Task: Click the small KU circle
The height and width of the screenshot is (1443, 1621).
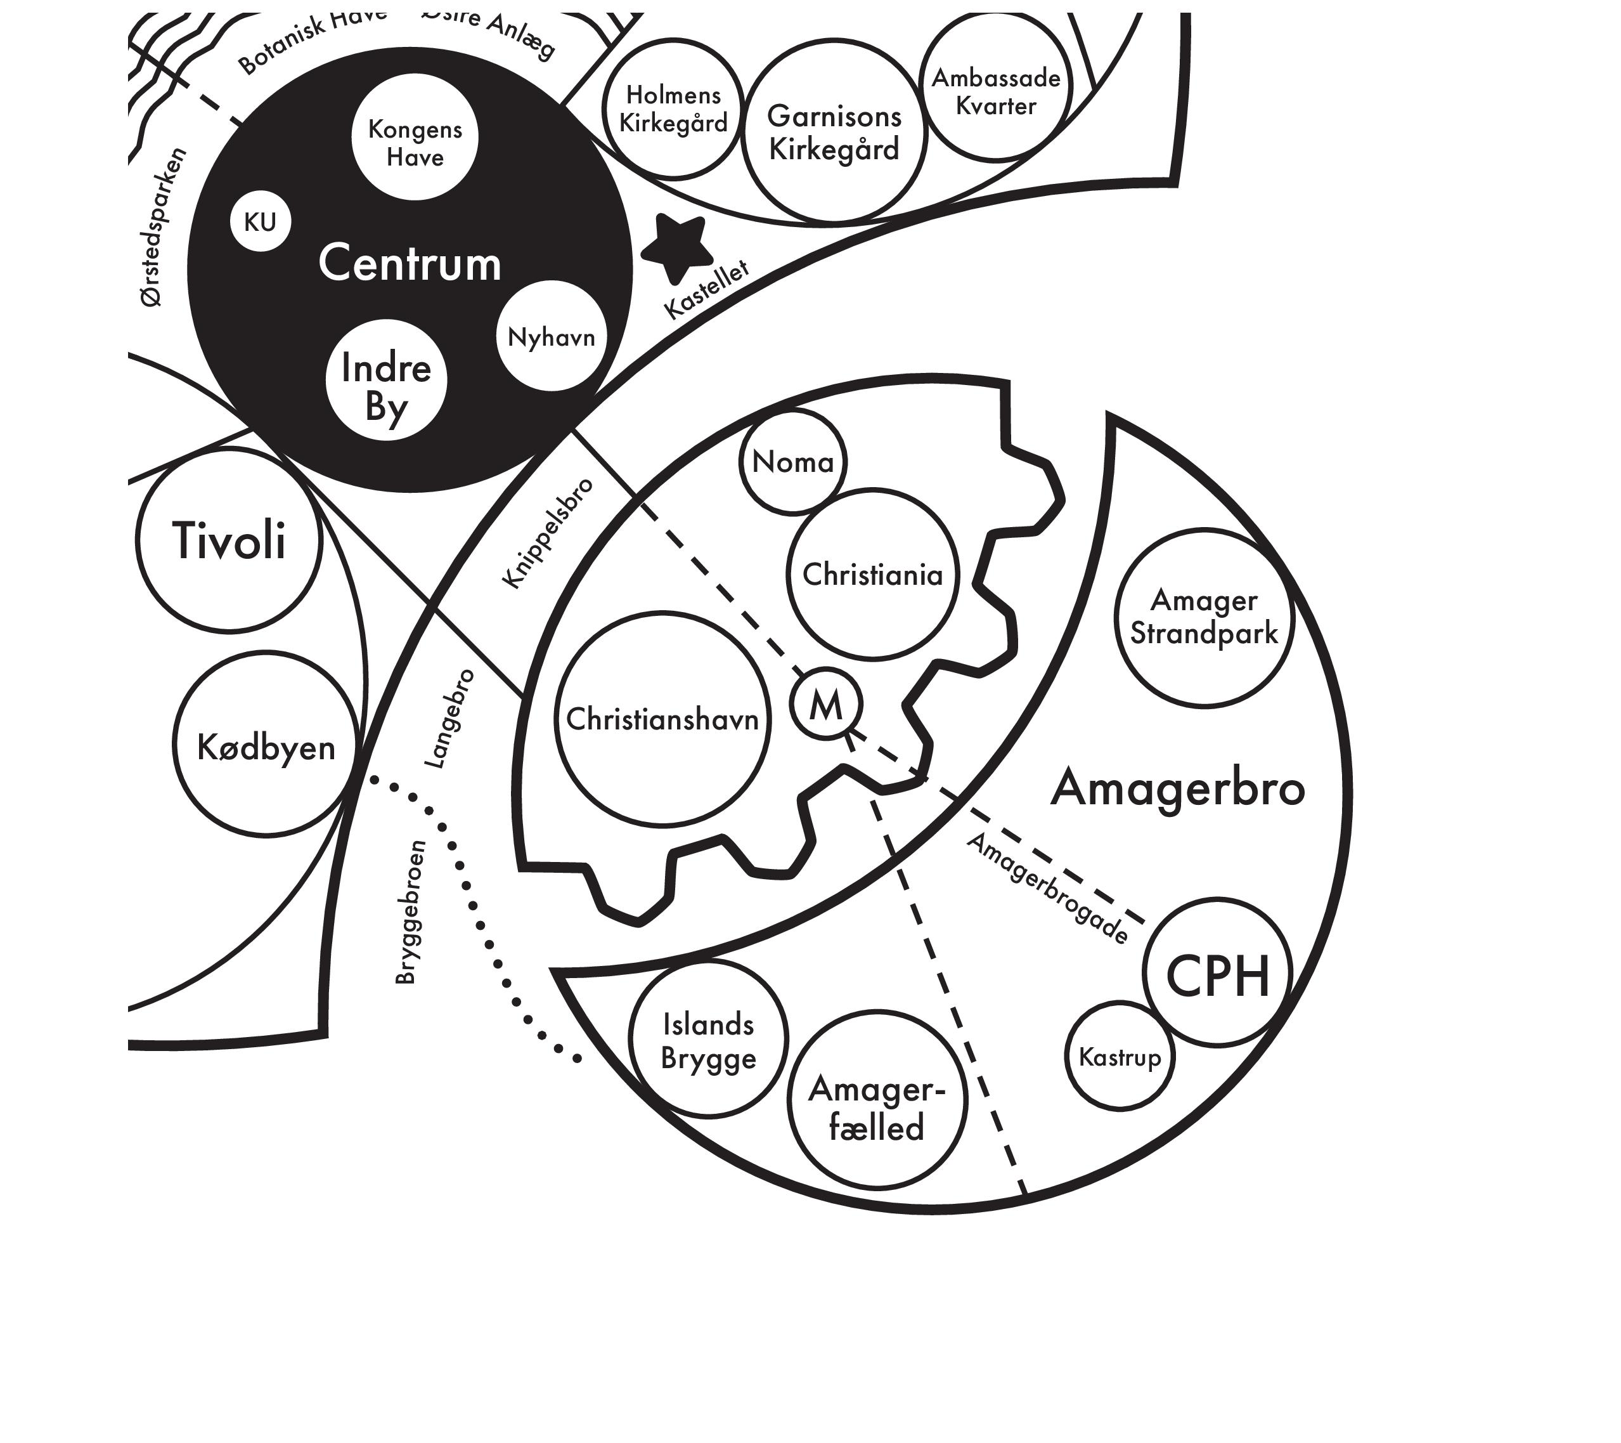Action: click(260, 222)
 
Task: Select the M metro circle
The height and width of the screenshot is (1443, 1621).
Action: click(825, 703)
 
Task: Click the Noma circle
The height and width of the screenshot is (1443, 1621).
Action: click(793, 462)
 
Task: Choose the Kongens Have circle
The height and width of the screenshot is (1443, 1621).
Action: click(415, 137)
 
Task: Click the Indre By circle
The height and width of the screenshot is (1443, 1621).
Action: click(386, 380)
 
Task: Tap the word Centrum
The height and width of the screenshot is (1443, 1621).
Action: click(410, 263)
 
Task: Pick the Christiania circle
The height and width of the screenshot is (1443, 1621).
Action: click(872, 574)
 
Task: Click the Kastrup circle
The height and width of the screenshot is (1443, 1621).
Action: click(1120, 1056)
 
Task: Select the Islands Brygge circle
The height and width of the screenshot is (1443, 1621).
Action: click(708, 1039)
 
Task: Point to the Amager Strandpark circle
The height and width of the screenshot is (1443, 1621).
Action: click(1204, 617)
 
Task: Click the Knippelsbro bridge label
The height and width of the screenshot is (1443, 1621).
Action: click(548, 532)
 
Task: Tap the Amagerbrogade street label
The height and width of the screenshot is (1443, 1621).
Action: click(1047, 889)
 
